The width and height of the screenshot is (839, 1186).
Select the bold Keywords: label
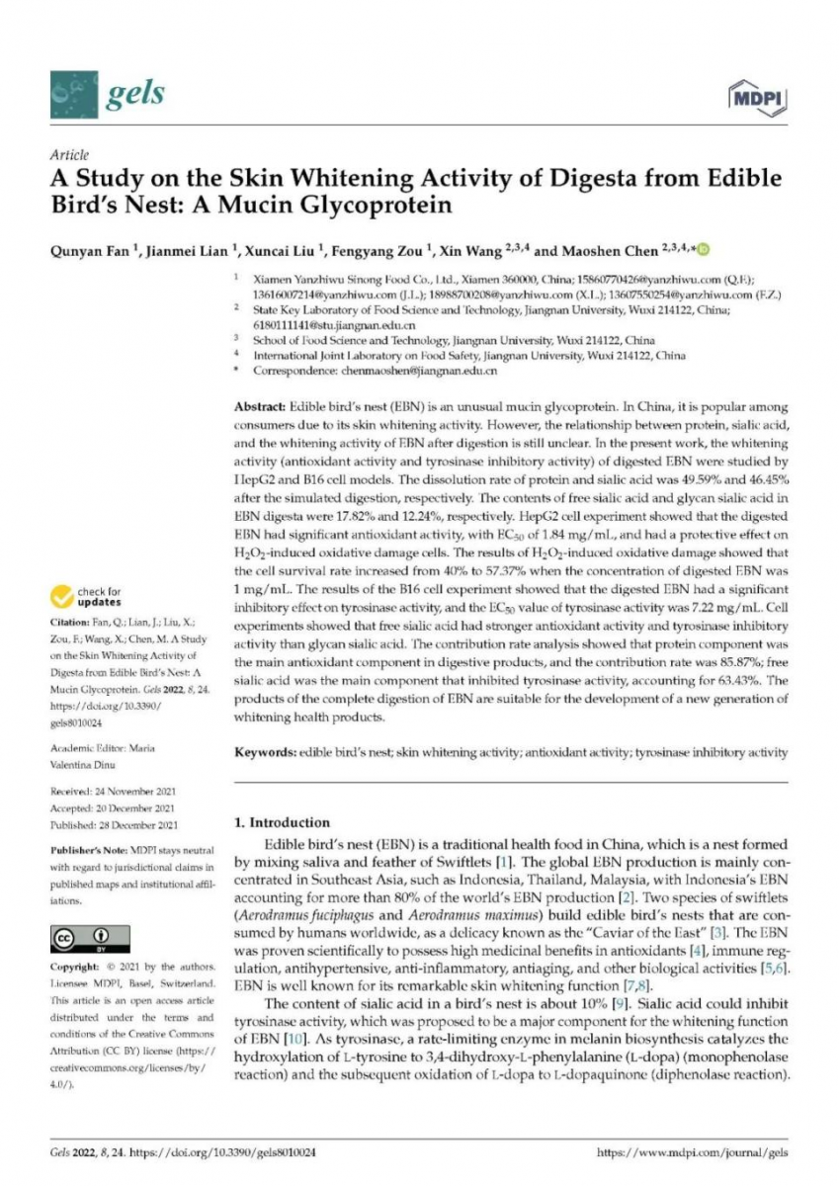(x=264, y=753)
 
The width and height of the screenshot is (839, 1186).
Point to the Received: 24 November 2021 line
(x=114, y=793)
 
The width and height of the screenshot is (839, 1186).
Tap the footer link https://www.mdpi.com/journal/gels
(x=694, y=1152)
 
